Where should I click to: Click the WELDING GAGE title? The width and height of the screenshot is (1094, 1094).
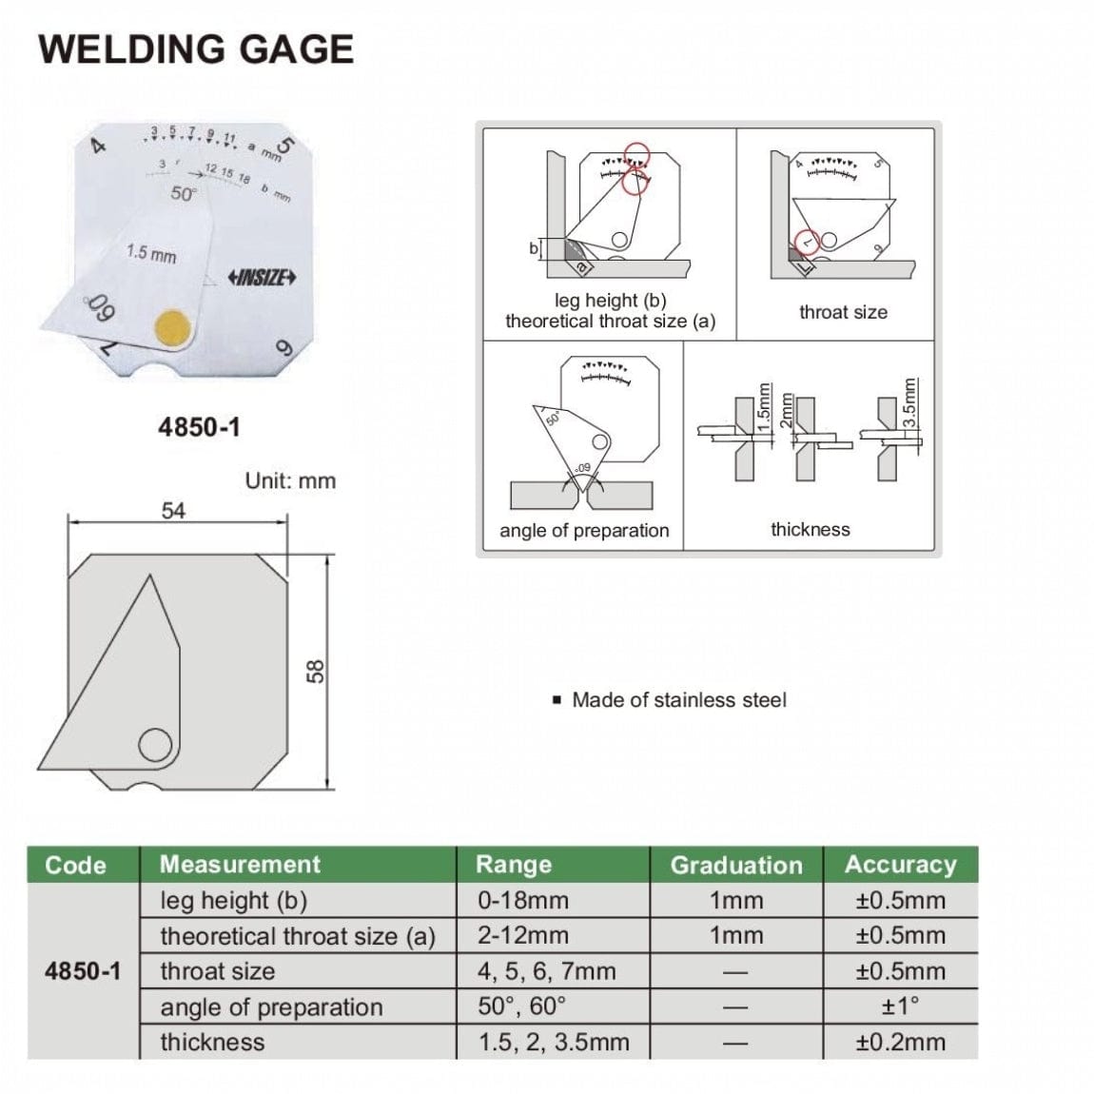click(196, 49)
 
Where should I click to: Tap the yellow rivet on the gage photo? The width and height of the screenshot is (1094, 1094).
click(173, 326)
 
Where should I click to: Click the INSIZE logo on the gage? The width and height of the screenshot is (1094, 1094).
click(263, 278)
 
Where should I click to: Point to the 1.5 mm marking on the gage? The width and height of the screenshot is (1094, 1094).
click(151, 254)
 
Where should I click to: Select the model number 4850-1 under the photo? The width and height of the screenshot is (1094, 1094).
click(199, 427)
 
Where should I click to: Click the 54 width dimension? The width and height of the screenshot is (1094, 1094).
click(173, 511)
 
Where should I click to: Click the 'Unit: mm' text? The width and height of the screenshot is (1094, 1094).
click(290, 480)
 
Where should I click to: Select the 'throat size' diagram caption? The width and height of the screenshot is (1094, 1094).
click(843, 312)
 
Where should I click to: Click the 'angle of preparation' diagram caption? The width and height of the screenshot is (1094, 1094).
click(584, 531)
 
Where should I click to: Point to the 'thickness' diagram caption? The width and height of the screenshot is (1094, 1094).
click(810, 530)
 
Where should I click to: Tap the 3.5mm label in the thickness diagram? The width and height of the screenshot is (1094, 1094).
click(909, 403)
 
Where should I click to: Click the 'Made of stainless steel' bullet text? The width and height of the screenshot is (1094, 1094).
click(678, 700)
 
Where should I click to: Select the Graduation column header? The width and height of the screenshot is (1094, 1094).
click(736, 865)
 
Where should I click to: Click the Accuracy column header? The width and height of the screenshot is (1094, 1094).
click(900, 865)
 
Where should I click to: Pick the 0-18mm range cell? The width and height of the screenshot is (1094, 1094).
click(523, 900)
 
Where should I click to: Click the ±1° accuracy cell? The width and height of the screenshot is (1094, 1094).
click(900, 1006)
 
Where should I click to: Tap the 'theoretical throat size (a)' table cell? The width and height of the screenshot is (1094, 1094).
click(297, 936)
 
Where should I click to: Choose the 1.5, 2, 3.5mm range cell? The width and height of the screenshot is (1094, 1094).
click(554, 1042)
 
